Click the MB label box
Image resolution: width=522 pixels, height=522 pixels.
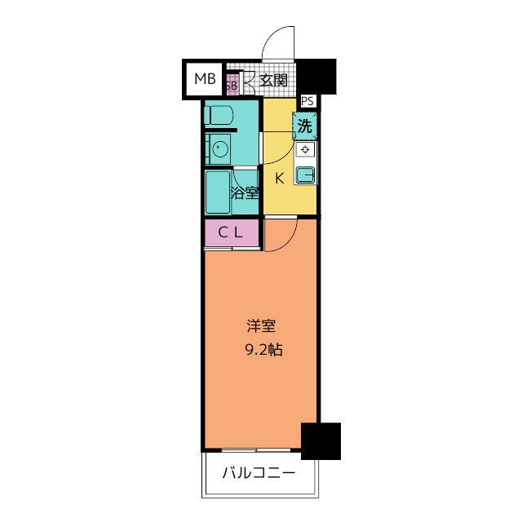click(204, 79)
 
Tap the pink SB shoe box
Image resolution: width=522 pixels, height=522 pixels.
click(231, 83)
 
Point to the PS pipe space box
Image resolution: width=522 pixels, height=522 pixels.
click(307, 101)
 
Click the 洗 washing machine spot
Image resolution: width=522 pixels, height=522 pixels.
click(304, 126)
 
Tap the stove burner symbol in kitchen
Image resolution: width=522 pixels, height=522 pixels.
click(305, 150)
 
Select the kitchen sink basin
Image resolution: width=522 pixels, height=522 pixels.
click(305, 175)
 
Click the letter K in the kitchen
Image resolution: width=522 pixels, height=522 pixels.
click(278, 179)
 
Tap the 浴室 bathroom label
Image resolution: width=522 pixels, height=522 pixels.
click(245, 193)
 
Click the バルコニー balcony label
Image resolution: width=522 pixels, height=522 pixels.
click(259, 474)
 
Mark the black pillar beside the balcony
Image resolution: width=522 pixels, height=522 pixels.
click(321, 441)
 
